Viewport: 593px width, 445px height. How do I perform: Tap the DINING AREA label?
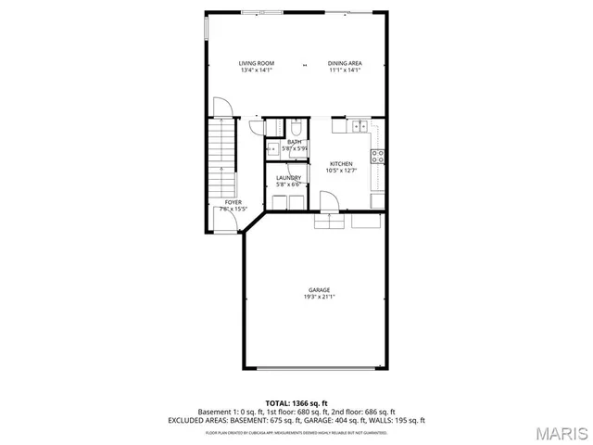pyautogui.click(x=345, y=63)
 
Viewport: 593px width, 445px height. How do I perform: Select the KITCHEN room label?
pyautogui.click(x=341, y=164)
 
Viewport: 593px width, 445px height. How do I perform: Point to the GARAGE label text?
pyautogui.click(x=320, y=290)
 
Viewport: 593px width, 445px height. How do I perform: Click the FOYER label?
pyautogui.click(x=233, y=202)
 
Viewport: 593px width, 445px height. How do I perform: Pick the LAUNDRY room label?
pyautogui.click(x=288, y=177)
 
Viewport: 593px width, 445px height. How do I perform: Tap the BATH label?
pyautogui.click(x=294, y=142)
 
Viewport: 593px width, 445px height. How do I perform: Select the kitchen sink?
pyautogui.click(x=360, y=126)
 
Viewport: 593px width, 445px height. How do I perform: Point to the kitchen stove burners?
pyautogui.click(x=378, y=156)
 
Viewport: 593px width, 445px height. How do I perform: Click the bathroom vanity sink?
pyautogui.click(x=272, y=147)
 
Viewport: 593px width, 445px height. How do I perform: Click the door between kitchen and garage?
pyautogui.click(x=328, y=200)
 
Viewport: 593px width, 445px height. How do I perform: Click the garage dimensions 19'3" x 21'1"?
pyautogui.click(x=320, y=298)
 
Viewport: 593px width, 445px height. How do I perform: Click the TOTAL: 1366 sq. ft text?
pyautogui.click(x=296, y=403)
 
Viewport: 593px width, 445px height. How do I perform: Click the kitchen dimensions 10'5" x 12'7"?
pyautogui.click(x=341, y=171)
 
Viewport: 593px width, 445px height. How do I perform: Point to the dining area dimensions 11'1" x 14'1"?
pyautogui.click(x=345, y=70)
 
